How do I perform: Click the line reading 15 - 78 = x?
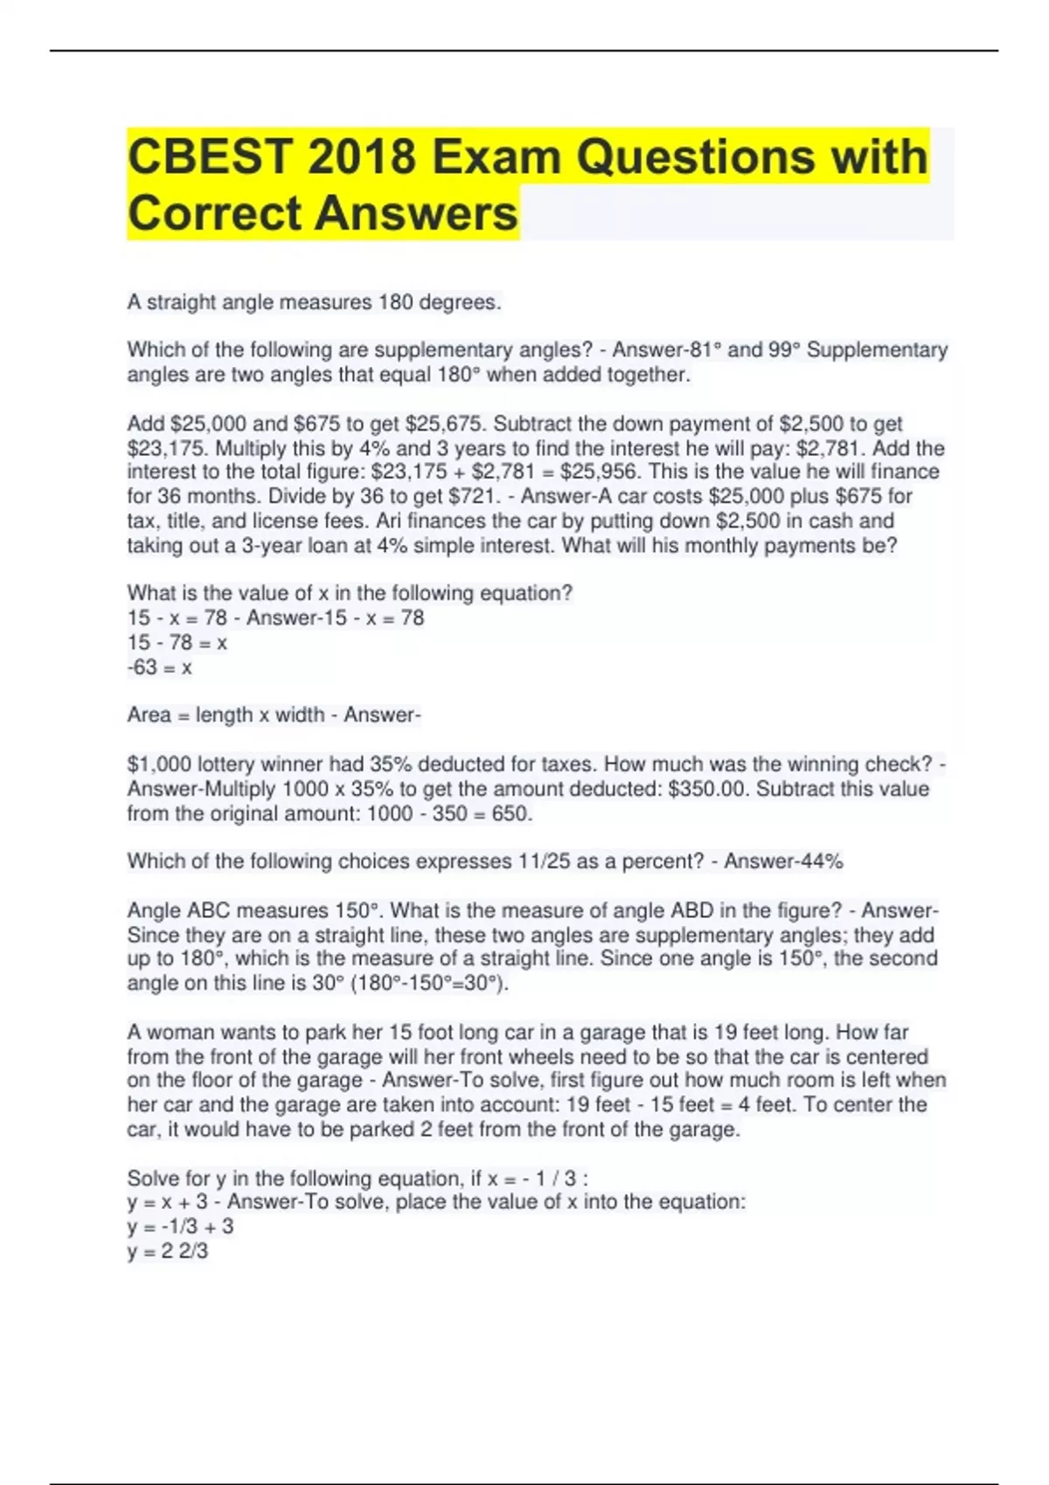(x=177, y=643)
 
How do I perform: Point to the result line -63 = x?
(x=159, y=667)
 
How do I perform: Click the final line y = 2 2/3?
(x=167, y=1251)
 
